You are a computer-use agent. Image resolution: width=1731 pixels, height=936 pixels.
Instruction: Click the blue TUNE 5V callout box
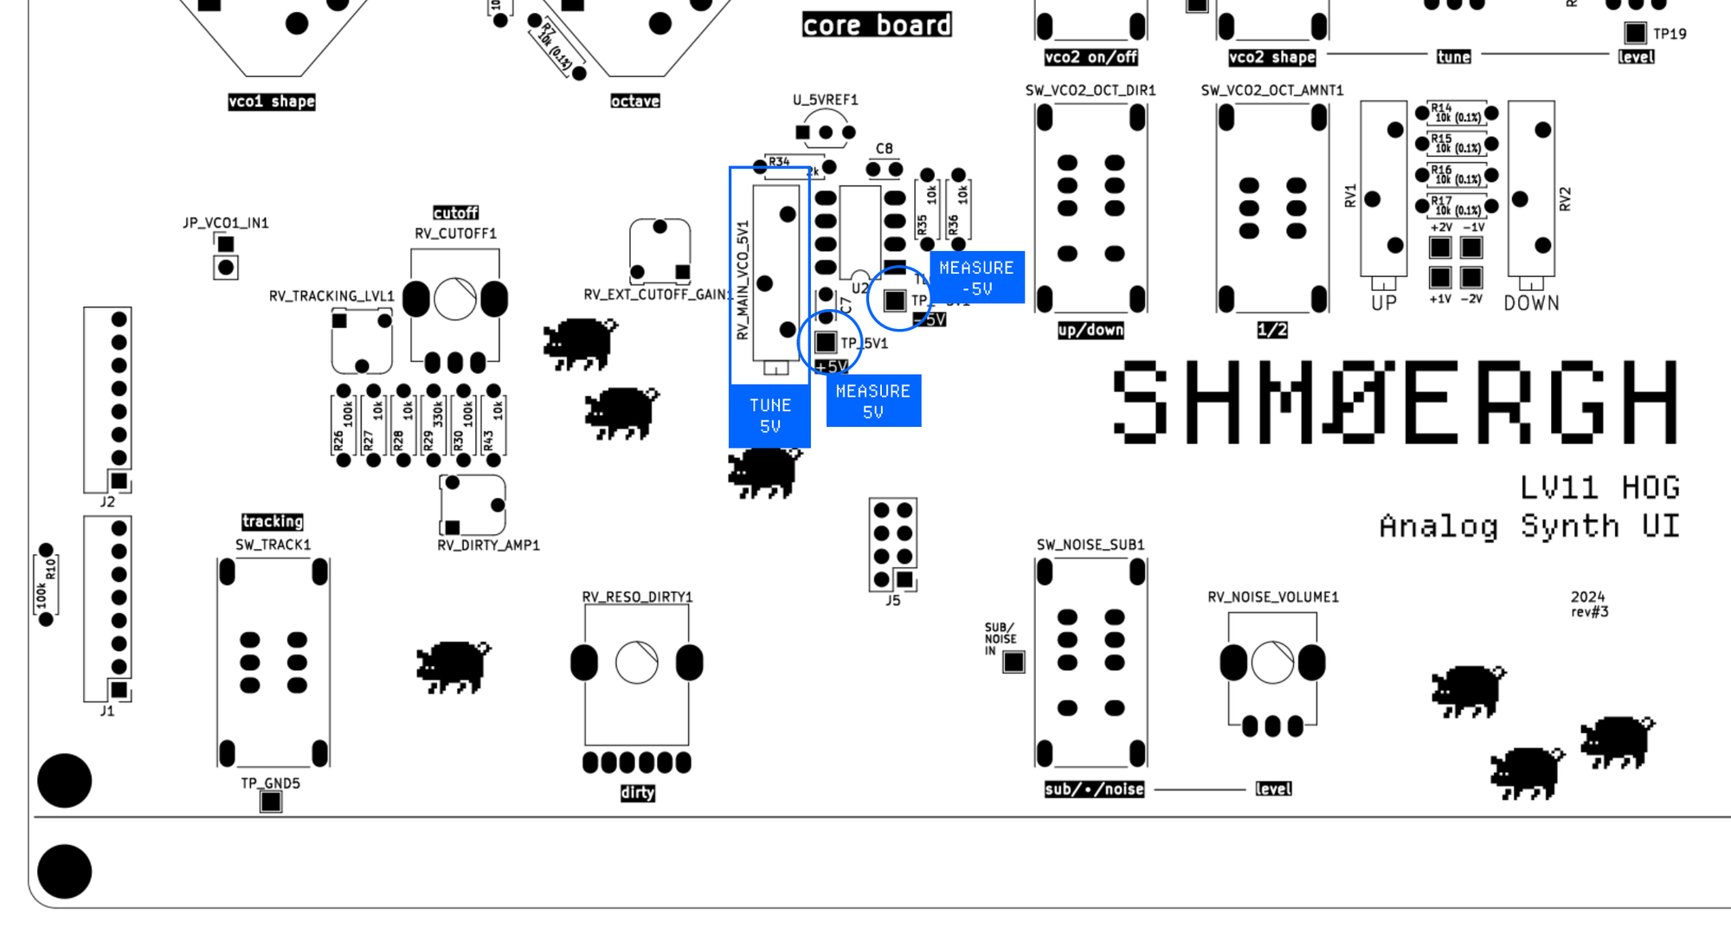point(769,416)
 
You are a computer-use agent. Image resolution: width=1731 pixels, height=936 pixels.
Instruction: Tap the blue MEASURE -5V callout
point(976,278)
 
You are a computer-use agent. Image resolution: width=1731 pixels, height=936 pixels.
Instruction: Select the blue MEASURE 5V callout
point(873,401)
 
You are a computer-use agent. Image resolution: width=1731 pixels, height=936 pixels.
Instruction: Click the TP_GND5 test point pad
point(271,802)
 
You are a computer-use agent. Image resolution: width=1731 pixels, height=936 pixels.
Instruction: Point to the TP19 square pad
point(1635,33)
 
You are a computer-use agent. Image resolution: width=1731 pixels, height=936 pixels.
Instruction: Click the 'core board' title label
point(877,25)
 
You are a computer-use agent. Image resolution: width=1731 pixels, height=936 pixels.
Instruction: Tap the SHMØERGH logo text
point(1395,402)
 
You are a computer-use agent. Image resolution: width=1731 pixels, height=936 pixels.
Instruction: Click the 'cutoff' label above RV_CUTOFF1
point(455,213)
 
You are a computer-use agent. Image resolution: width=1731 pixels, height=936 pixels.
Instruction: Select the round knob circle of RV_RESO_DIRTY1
point(637,663)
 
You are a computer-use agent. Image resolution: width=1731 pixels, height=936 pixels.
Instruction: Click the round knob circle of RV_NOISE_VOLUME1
point(1272,663)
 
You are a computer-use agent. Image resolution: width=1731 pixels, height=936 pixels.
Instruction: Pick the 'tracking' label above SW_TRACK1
point(273,521)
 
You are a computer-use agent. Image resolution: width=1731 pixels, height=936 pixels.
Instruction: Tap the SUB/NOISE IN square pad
point(1014,662)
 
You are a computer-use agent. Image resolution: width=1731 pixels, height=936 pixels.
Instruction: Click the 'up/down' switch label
point(1091,330)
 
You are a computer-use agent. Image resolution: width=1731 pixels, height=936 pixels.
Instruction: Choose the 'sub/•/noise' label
point(1094,789)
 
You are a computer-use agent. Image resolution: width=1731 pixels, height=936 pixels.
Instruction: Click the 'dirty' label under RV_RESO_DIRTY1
point(637,793)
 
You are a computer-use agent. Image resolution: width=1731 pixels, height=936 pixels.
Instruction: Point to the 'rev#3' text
point(1590,612)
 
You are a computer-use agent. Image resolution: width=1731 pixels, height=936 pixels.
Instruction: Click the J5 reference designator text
point(893,601)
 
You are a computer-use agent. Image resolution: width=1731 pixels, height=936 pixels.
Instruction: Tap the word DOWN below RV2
point(1531,304)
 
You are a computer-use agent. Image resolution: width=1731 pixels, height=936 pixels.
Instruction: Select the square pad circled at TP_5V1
point(826,342)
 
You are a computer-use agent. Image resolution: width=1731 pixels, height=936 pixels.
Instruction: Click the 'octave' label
point(635,101)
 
